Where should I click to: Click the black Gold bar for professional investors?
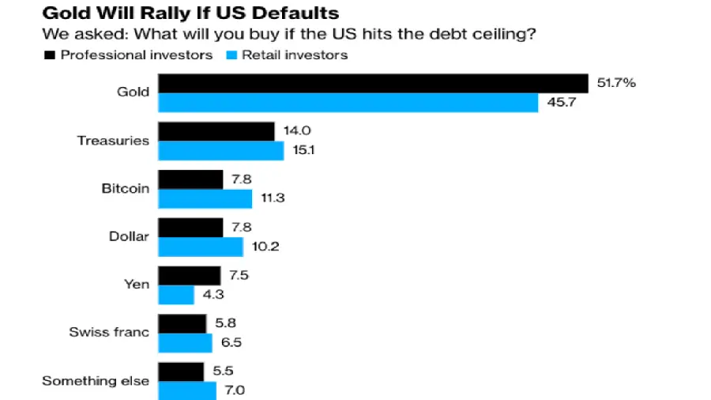[x=373, y=83]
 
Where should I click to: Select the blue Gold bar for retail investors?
[x=348, y=103]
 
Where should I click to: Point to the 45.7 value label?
[x=559, y=103]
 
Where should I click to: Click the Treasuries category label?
[x=113, y=141]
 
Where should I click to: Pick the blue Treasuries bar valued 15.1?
[x=221, y=150]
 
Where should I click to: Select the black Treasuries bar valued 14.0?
[x=216, y=131]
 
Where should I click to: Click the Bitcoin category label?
[x=125, y=189]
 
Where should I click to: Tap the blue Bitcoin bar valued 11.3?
[x=205, y=198]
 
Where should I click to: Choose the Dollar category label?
[x=129, y=236]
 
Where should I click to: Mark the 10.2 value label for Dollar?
[x=265, y=247]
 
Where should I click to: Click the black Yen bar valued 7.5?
[x=190, y=275]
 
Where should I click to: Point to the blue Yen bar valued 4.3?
[x=176, y=295]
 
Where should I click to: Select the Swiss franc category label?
[x=109, y=333]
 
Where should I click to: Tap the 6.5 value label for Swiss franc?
[x=231, y=343]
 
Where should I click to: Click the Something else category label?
[x=96, y=381]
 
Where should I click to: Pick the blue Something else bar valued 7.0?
[x=187, y=391]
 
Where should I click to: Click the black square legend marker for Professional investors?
[x=48, y=55]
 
